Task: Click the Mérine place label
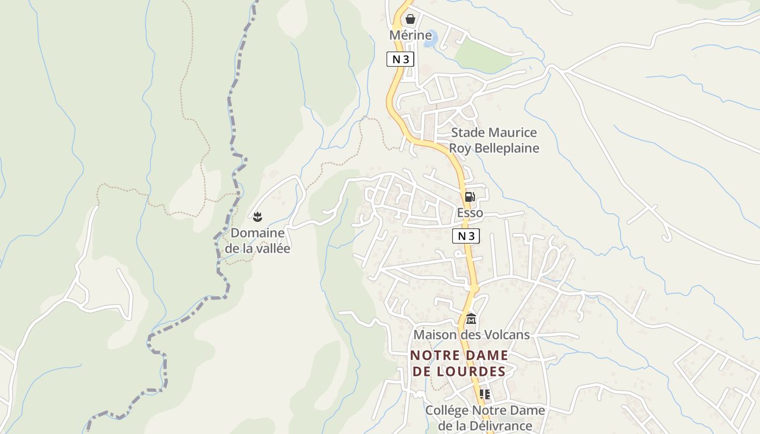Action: pyautogui.click(x=410, y=35)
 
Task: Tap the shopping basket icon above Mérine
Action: pyautogui.click(x=410, y=20)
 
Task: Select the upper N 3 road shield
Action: pyautogui.click(x=400, y=59)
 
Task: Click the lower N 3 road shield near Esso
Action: pyautogui.click(x=466, y=236)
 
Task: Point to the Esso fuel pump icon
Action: pyautogui.click(x=470, y=197)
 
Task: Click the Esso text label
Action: pyautogui.click(x=470, y=213)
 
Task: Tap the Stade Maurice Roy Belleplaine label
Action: pyautogui.click(x=494, y=141)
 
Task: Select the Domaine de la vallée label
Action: pyautogui.click(x=257, y=241)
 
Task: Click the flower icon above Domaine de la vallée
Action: pyautogui.click(x=257, y=217)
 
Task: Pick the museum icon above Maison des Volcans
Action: pyautogui.click(x=471, y=319)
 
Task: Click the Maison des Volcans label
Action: pyautogui.click(x=471, y=335)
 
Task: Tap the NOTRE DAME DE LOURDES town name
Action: pyautogui.click(x=459, y=363)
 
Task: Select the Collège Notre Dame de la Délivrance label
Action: pyautogui.click(x=485, y=418)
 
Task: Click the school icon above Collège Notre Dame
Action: pyautogui.click(x=484, y=394)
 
